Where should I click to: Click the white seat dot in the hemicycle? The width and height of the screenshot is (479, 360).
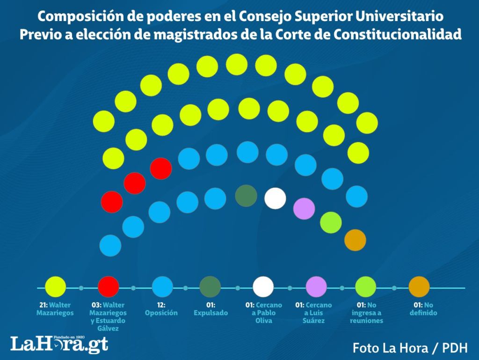[275, 198]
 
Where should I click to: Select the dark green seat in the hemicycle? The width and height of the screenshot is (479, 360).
[246, 196]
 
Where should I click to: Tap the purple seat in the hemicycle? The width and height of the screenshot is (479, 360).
[304, 209]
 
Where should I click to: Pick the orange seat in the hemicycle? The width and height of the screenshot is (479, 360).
[355, 240]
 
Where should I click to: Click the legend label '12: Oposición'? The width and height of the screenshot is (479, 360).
[161, 309]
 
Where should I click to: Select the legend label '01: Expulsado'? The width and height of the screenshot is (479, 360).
[210, 309]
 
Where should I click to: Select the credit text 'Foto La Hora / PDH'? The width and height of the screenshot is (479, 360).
[410, 348]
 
